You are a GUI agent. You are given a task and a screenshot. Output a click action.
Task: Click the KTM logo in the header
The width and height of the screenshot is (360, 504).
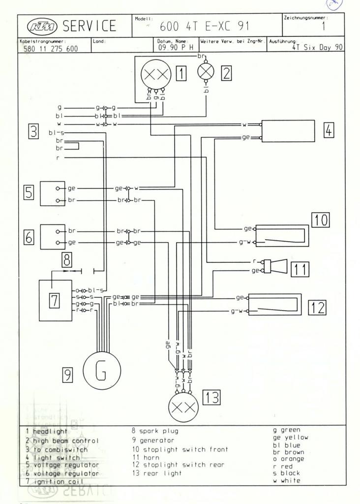43,25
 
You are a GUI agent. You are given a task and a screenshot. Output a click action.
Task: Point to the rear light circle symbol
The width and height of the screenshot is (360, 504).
183,408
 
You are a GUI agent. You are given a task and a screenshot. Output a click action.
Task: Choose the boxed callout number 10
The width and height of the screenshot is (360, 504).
320,220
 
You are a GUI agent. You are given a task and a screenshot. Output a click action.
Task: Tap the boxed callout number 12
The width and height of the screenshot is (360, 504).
317,308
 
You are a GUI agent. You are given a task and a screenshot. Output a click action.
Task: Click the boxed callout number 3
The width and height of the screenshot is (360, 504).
33,131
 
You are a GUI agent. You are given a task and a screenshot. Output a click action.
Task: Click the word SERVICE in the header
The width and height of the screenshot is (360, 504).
92,26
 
